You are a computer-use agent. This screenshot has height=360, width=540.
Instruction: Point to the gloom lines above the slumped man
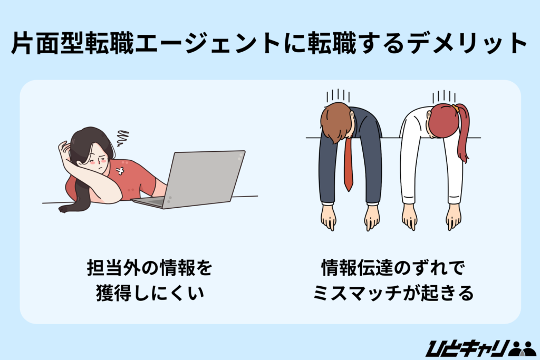pos(339,95)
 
